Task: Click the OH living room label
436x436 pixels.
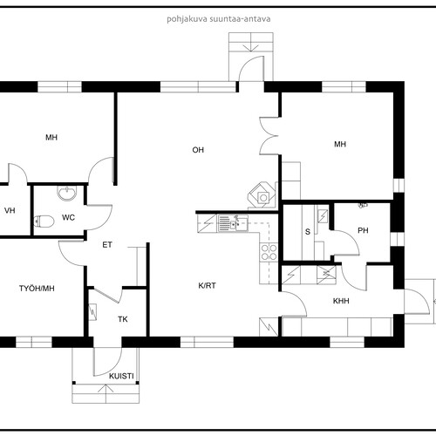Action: coord(198,150)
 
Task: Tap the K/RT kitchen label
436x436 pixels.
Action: coord(207,286)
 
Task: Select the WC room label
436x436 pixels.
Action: coord(68,217)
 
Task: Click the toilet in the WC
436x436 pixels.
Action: coord(44,221)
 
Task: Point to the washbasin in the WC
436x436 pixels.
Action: coord(67,193)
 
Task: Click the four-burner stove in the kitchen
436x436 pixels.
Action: coord(269,252)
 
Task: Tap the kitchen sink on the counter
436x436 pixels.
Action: coord(233,223)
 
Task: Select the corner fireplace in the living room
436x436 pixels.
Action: coord(262,195)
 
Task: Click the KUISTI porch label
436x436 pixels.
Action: coord(121,376)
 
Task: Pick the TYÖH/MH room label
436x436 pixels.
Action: coord(37,289)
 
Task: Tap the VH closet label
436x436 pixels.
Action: coord(10,210)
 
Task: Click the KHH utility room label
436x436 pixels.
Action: coord(341,301)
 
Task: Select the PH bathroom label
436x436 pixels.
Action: coord(363,230)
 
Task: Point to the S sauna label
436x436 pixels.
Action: coord(308,232)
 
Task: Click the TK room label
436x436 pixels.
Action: coord(123,319)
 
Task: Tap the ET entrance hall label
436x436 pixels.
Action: coord(107,245)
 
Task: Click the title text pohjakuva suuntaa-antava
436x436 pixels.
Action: coord(219,19)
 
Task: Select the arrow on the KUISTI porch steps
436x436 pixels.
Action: coord(106,388)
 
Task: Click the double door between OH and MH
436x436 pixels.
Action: coord(269,136)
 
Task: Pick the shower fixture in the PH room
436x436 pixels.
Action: coord(363,205)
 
